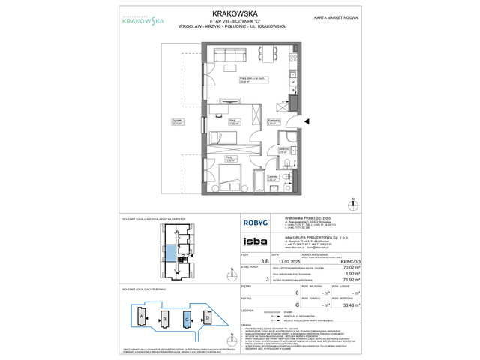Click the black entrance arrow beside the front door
307,121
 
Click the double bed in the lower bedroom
230,181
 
